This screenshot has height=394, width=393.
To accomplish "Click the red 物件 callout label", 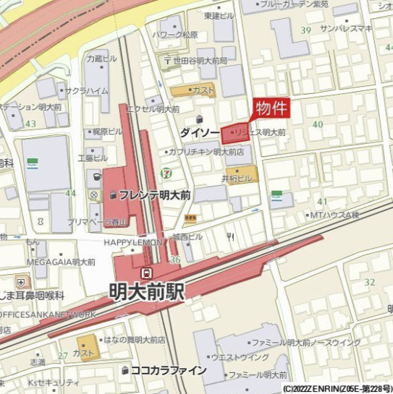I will click(272, 108).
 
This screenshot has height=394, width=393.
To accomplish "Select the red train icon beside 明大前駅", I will click(147, 272).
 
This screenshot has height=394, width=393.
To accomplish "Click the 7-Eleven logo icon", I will click(167, 173).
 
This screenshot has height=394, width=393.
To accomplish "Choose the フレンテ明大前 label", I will click(153, 195).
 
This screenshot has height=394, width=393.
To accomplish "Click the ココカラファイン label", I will click(168, 370).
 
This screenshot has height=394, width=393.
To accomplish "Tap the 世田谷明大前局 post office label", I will click(200, 61).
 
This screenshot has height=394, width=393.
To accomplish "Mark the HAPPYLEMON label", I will click(133, 243).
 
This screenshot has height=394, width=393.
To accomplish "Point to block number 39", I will click(305, 30).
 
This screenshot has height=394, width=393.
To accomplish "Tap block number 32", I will click(370, 282).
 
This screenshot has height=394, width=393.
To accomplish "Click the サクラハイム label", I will click(86, 91).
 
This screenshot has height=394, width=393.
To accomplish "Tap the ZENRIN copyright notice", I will click(337, 388).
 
